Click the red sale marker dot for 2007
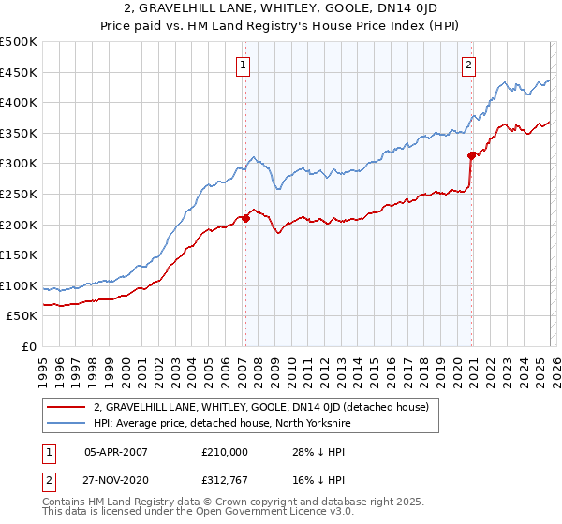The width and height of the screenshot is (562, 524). (245, 218)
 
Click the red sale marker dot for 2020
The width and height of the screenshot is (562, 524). (472, 156)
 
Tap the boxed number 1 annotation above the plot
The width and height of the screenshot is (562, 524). (243, 65)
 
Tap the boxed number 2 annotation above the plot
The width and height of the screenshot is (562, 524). (468, 65)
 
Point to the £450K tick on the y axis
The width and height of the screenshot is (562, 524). (19, 72)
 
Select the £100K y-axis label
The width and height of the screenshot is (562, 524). (19, 285)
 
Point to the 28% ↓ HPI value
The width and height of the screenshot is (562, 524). (320, 451)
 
